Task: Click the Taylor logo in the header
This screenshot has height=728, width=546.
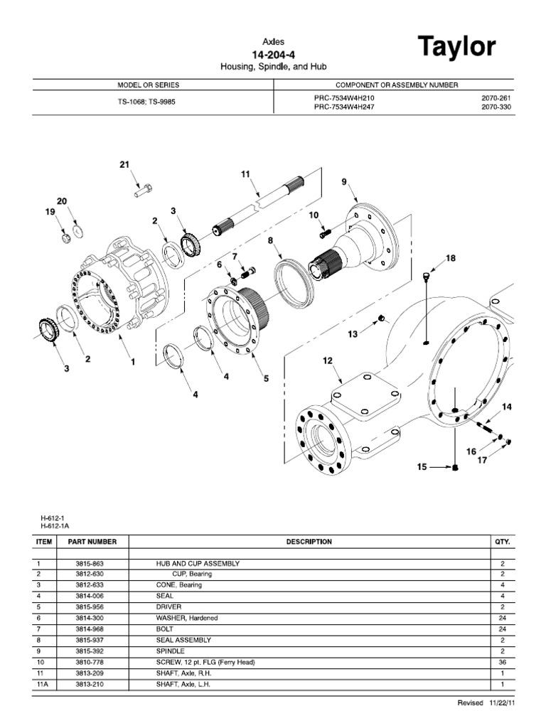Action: (x=456, y=48)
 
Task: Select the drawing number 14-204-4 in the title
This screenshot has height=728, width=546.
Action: (x=272, y=55)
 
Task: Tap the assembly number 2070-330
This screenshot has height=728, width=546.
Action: (x=496, y=107)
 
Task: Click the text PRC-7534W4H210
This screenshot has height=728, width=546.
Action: (x=345, y=98)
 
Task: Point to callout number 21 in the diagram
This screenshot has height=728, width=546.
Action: (x=125, y=165)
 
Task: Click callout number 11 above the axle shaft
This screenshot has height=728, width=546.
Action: (x=246, y=173)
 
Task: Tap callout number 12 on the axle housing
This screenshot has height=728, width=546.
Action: (x=328, y=361)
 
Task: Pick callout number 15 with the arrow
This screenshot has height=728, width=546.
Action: (x=422, y=467)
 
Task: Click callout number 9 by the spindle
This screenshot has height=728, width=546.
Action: (x=344, y=182)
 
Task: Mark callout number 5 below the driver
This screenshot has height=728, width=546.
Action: (x=266, y=379)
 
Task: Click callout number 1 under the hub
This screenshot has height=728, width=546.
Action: (x=132, y=361)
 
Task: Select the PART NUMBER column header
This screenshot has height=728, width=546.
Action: (x=92, y=542)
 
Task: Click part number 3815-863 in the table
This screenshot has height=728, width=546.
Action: (x=92, y=563)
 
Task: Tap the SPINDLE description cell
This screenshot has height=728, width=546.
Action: (x=171, y=651)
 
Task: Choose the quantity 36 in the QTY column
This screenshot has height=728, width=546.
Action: (x=502, y=662)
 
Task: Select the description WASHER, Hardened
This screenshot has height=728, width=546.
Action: (x=187, y=618)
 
